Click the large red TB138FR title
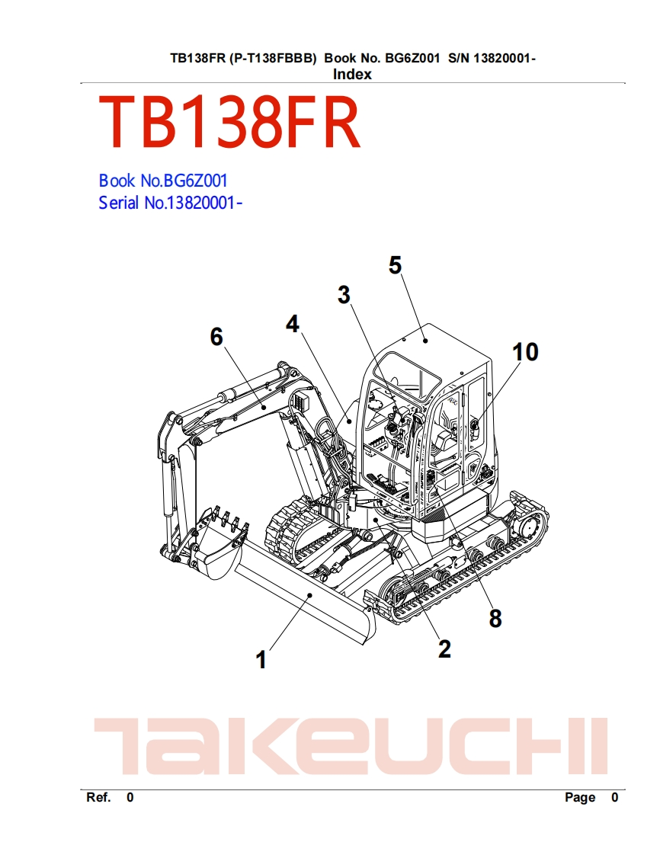[229, 124]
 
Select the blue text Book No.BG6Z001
[163, 181]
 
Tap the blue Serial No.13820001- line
[171, 203]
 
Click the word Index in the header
[352, 74]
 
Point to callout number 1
[261, 659]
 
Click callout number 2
[444, 648]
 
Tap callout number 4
[293, 324]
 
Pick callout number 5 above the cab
[395, 265]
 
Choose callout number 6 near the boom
[217, 336]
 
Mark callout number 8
[495, 619]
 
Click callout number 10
[525, 352]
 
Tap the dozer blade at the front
[305, 598]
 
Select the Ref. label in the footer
[99, 797]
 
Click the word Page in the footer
[580, 797]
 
